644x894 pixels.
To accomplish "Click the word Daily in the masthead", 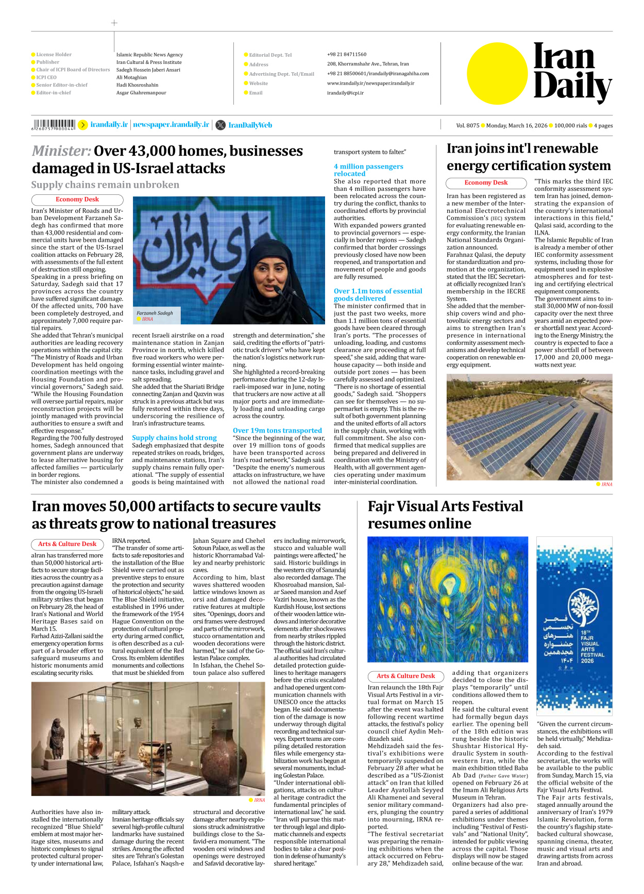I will [572, 87].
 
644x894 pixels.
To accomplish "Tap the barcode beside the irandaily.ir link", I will [54, 124].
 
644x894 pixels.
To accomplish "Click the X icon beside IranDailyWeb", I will [221, 125].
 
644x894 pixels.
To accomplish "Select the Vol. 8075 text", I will [467, 125].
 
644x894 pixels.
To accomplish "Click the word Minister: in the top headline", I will [61, 151].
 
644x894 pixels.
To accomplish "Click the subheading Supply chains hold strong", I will [174, 438].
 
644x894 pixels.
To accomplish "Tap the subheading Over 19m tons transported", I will [277, 431].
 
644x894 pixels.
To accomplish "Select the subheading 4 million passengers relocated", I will [368, 170].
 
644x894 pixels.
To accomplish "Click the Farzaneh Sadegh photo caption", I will [155, 313].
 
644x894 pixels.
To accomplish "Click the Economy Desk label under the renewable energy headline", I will [486, 183].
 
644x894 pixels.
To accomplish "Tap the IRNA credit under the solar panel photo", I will [606, 484].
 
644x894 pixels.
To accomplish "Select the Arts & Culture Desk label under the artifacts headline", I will [67, 544].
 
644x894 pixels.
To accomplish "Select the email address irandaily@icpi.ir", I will [345, 93].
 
